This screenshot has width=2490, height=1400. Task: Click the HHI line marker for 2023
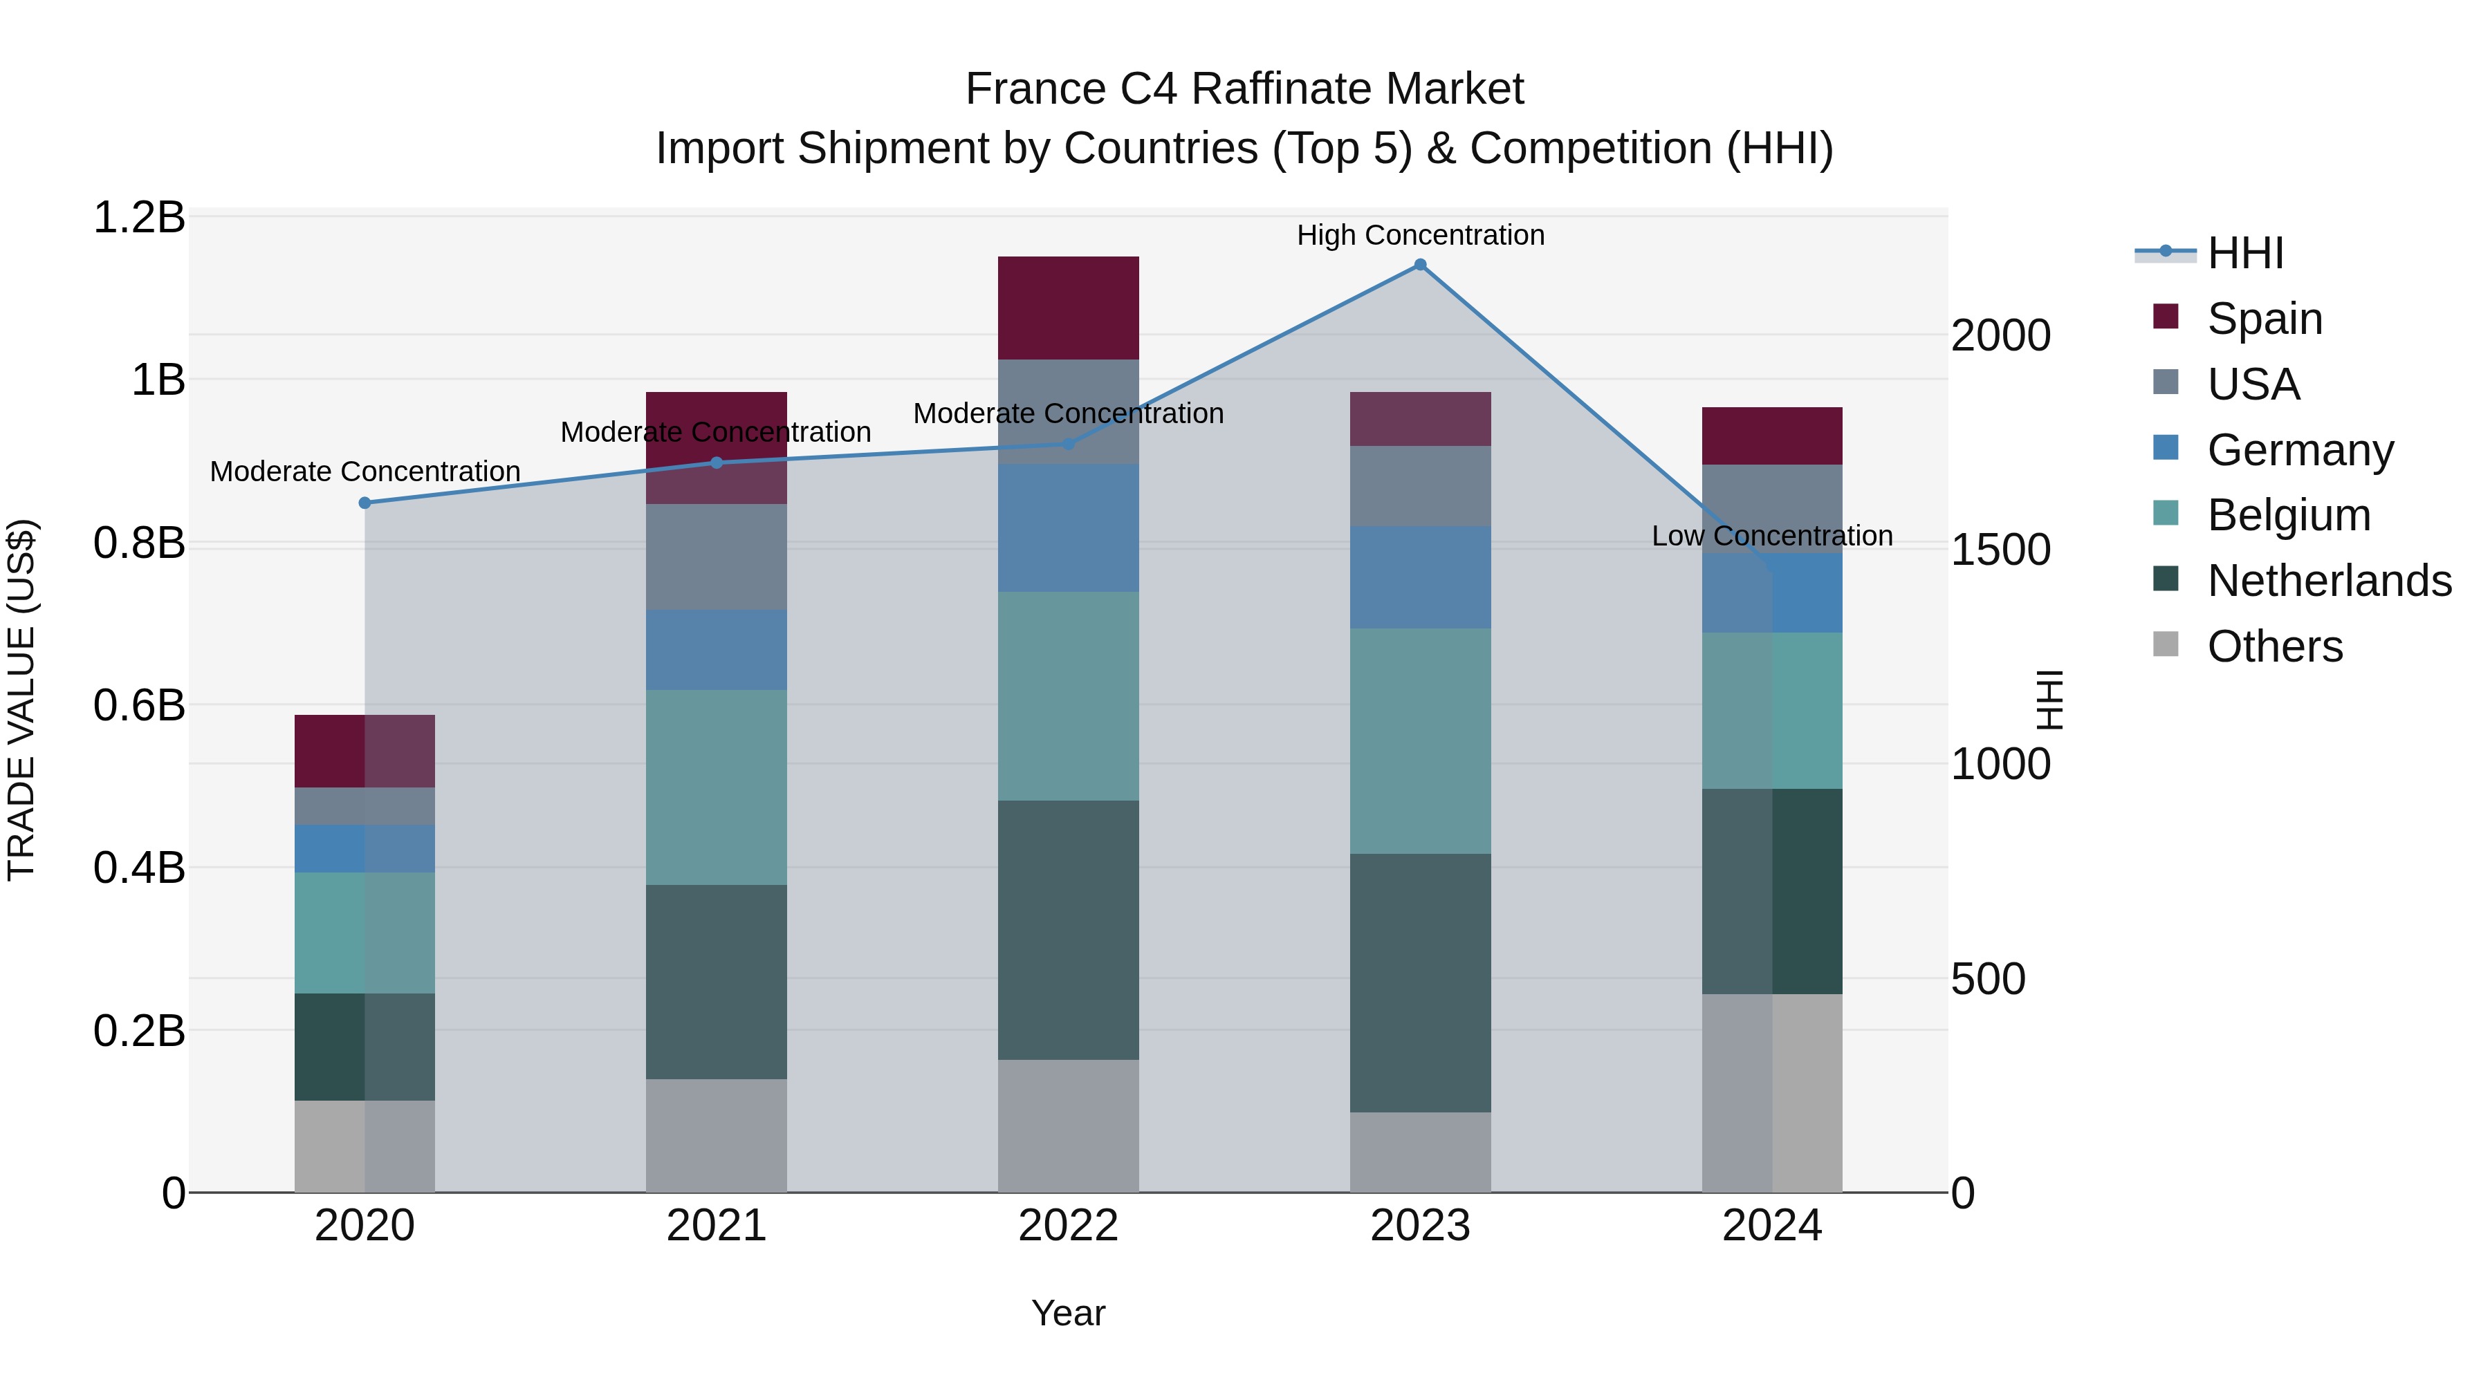[1420, 265]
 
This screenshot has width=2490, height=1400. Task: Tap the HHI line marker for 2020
[365, 503]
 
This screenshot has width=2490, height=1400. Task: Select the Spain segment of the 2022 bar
[1068, 307]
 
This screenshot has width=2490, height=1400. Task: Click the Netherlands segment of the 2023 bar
[1420, 982]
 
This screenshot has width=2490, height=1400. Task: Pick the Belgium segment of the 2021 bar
[717, 787]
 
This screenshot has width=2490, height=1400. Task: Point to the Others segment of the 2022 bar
[1068, 1126]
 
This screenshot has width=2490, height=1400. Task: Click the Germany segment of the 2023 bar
[1420, 577]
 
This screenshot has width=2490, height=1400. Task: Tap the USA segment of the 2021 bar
[717, 557]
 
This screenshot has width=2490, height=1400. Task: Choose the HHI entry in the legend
[2244, 253]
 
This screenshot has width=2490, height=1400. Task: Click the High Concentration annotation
[1420, 235]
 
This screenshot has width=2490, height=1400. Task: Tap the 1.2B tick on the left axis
[138, 217]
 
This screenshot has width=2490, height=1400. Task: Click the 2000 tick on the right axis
[2000, 335]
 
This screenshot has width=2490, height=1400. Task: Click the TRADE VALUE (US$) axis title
[21, 700]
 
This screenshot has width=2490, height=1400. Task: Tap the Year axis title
[1067, 1313]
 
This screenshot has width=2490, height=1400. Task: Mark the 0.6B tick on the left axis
[138, 705]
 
